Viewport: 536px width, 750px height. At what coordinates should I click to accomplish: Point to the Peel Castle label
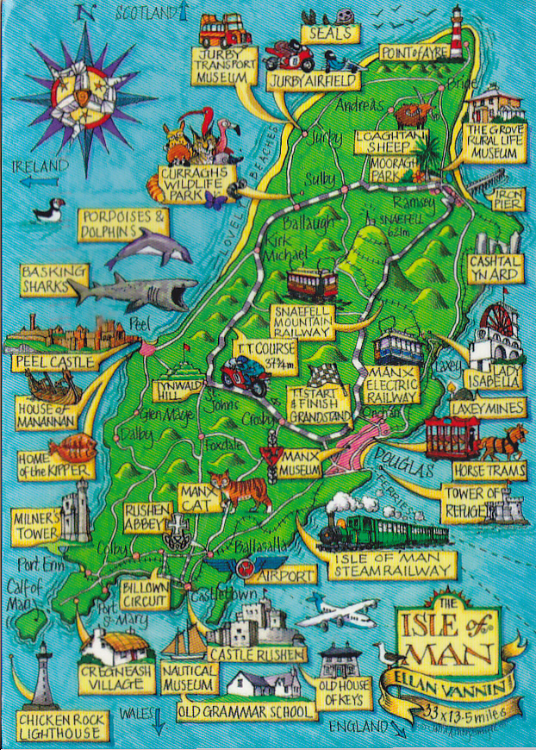[x=52, y=363]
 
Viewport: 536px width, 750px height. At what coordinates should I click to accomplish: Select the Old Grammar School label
[x=246, y=712]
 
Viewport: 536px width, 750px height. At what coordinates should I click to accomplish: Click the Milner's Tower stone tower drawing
[x=76, y=509]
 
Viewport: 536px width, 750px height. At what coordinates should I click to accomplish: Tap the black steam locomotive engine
[x=345, y=529]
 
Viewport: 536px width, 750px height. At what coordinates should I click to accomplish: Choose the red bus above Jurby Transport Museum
[x=225, y=30]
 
